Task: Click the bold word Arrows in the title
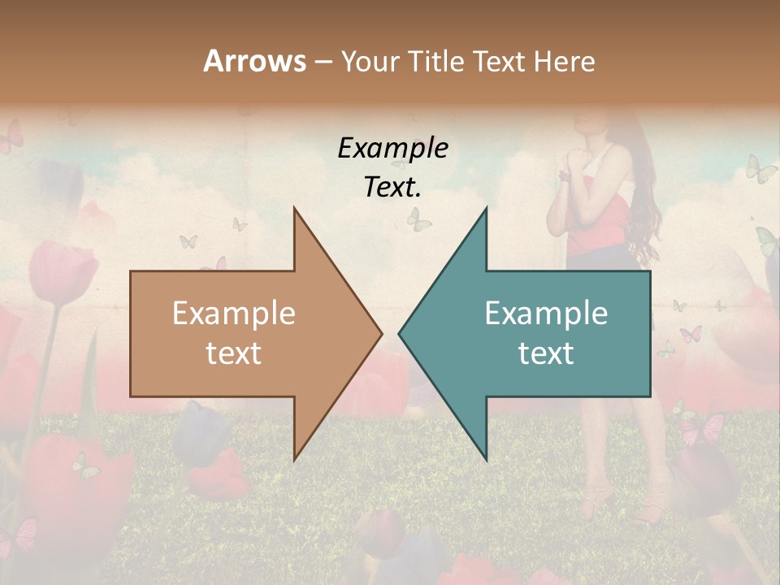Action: pyautogui.click(x=253, y=61)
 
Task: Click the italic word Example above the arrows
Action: pyautogui.click(x=392, y=149)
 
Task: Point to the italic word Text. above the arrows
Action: pyautogui.click(x=392, y=187)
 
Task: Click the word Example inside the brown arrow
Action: pyautogui.click(x=233, y=314)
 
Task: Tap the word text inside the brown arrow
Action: pyautogui.click(x=233, y=353)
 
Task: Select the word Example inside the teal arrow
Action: pyautogui.click(x=546, y=314)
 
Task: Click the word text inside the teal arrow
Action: pyautogui.click(x=546, y=353)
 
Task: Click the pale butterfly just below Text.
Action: pyautogui.click(x=418, y=218)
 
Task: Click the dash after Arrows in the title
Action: pyautogui.click(x=323, y=61)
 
